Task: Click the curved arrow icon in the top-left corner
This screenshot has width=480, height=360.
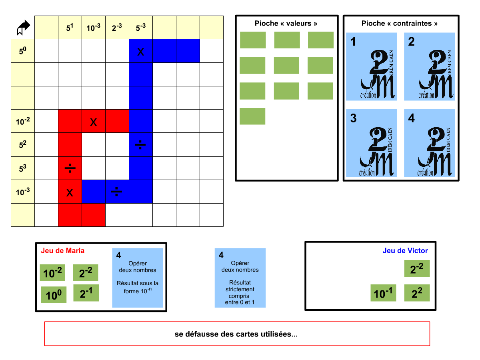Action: coord(23,28)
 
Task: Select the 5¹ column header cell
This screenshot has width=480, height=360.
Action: coord(70,28)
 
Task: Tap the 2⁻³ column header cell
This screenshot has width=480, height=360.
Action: coord(117,28)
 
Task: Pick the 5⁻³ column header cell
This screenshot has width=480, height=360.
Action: coord(141,28)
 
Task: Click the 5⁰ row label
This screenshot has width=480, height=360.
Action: coord(23,51)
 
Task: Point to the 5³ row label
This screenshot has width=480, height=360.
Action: coord(23,168)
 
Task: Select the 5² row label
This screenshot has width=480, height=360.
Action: coord(23,145)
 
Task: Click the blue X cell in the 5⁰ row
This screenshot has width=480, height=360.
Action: coord(141,51)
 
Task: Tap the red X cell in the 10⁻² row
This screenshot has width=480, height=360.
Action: coord(94,121)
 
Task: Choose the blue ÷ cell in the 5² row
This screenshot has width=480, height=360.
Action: coord(141,145)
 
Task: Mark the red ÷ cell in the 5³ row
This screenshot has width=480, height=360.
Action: coord(70,168)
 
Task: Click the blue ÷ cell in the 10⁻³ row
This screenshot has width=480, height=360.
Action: coord(117,192)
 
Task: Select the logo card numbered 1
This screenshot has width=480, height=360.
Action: coord(372,66)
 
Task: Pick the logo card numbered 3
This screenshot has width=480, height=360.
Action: coord(372,143)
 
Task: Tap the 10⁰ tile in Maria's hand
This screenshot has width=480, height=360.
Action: coord(54,295)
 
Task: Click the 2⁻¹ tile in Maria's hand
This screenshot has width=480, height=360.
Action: coord(86,293)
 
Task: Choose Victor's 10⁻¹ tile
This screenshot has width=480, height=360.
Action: coord(383,293)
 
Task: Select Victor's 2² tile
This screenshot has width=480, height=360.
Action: coord(417,293)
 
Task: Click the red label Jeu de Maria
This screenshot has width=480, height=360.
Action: coord(63,251)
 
